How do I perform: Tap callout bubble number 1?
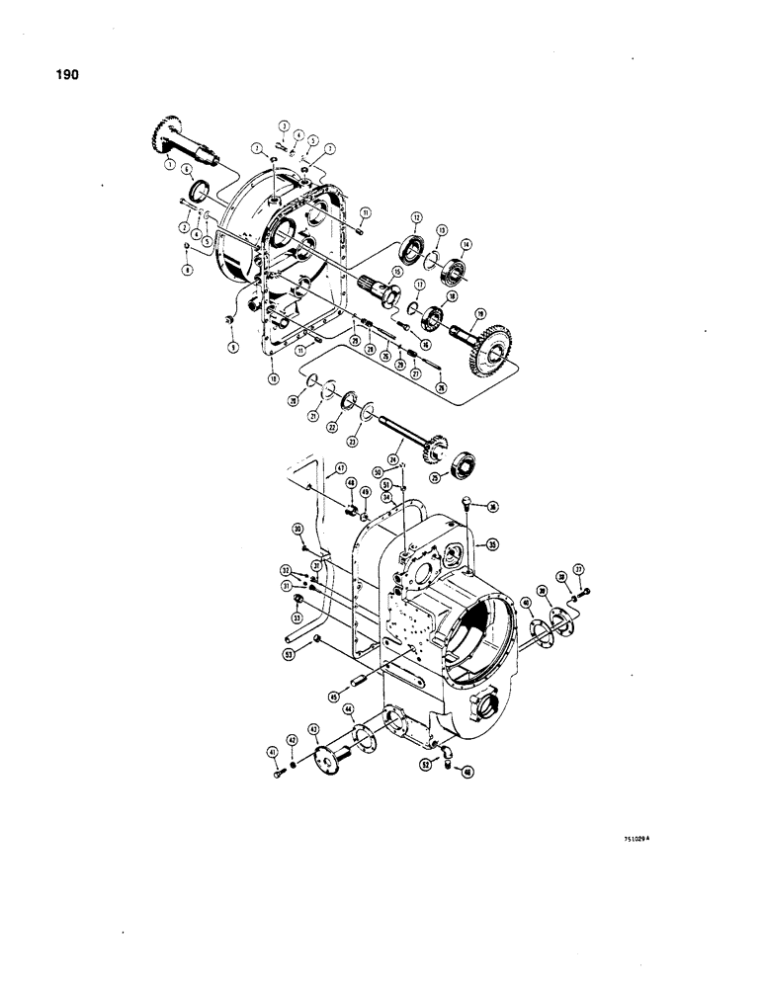click(x=169, y=161)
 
